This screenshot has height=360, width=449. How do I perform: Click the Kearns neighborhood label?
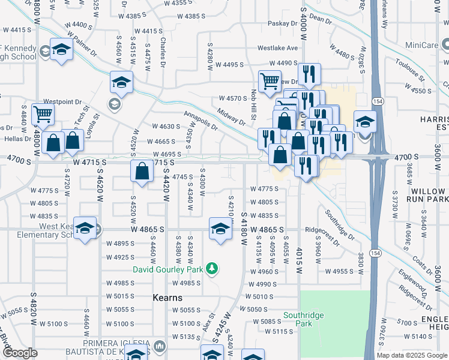(167, 298)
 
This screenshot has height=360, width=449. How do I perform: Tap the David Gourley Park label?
(168, 269)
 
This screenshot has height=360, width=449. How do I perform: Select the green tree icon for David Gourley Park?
(211, 268)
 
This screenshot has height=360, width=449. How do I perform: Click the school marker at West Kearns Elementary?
(85, 229)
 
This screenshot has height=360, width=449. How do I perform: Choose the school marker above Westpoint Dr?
(121, 83)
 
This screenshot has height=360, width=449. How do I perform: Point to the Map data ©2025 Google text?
(412, 355)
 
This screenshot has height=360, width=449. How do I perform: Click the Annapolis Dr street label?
(201, 122)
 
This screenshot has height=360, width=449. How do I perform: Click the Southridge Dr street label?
(341, 223)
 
